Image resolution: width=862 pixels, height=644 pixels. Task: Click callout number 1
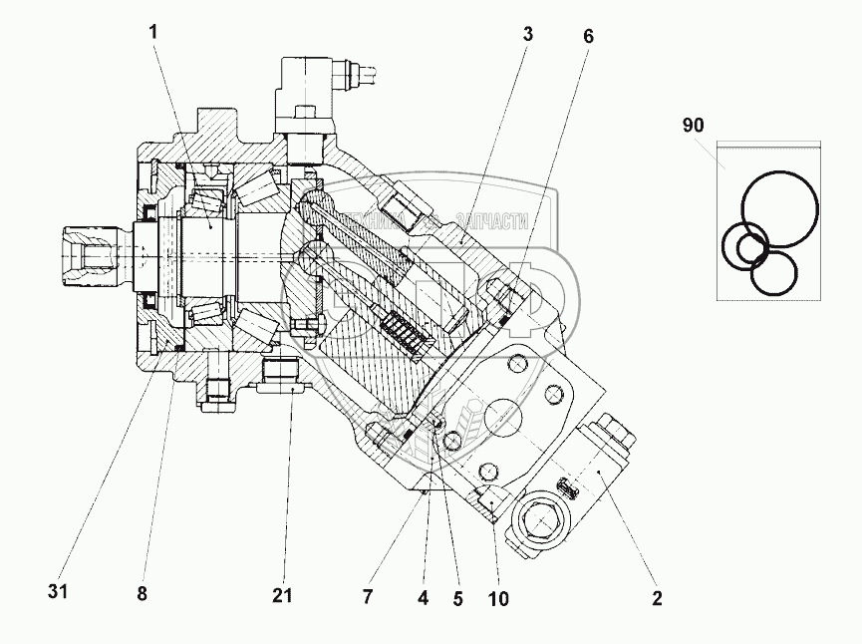click(x=153, y=31)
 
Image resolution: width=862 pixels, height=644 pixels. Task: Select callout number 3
click(x=527, y=33)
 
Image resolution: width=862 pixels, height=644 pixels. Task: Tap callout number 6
click(x=588, y=35)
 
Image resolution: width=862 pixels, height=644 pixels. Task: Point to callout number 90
click(x=694, y=126)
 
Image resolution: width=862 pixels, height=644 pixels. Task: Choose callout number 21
click(x=283, y=596)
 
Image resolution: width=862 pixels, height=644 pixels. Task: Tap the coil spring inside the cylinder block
click(x=403, y=330)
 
